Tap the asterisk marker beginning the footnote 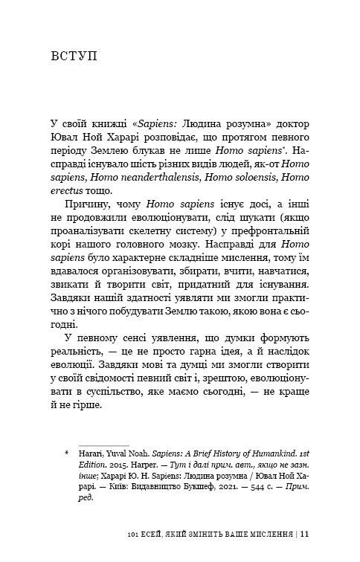coord(66,452)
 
